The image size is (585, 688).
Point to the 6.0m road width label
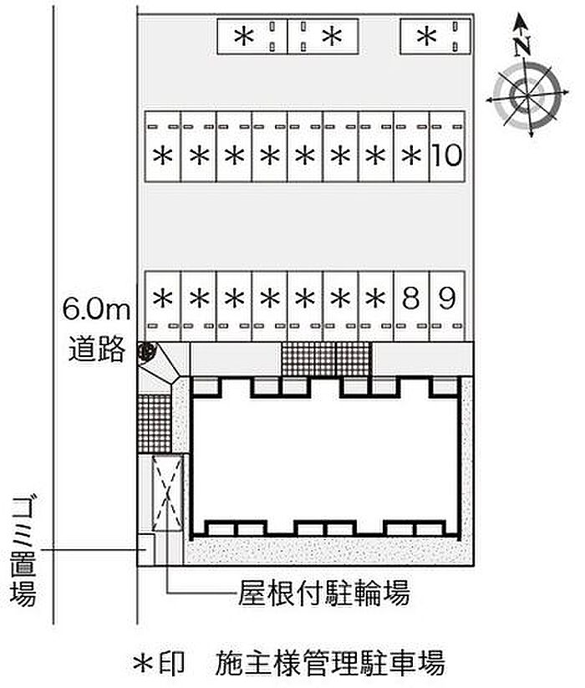[96, 308]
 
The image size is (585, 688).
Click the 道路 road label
[96, 349]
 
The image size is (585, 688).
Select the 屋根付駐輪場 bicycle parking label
[324, 593]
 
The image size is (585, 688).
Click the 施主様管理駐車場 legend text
[330, 662]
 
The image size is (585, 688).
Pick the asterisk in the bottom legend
[145, 663]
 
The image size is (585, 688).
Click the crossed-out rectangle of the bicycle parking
[167, 493]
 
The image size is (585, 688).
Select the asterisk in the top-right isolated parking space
[427, 37]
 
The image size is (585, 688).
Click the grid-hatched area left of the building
[155, 424]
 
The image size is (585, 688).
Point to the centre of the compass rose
[527, 94]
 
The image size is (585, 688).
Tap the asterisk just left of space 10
[411, 155]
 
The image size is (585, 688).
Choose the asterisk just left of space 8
[375, 299]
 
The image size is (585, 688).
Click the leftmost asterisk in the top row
[244, 37]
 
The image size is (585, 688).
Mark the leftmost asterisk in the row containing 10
[163, 155]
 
